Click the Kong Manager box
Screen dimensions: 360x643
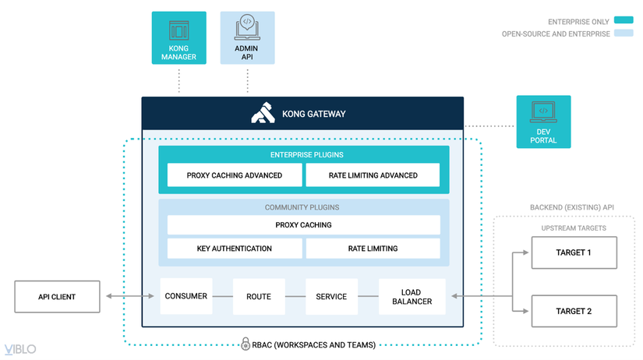click(178, 37)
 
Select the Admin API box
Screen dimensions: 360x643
click(247, 37)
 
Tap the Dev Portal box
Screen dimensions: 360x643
click(543, 121)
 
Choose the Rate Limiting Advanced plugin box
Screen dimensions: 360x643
click(373, 175)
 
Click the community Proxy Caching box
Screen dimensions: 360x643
click(303, 224)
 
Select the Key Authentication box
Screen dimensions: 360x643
click(234, 249)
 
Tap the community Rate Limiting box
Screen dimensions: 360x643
click(373, 249)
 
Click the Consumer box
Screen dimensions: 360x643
click(185, 296)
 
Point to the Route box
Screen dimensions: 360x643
click(258, 296)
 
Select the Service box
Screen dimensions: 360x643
click(330, 296)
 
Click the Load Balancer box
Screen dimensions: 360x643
click(412, 296)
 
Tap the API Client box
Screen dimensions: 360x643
click(57, 296)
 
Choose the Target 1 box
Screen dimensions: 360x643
click(573, 252)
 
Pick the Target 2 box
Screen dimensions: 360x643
click(573, 311)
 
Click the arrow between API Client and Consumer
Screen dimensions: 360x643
click(130, 296)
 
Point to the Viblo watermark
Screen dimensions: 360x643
click(19, 349)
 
